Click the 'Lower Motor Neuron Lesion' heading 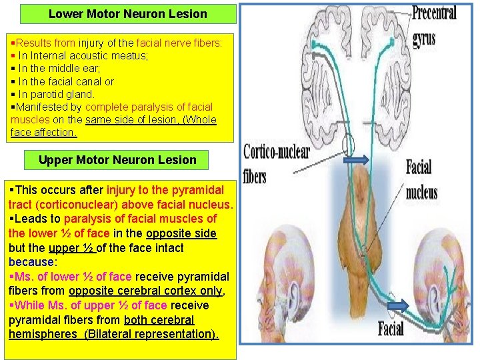point(128,14)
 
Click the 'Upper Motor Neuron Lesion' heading point(117,160)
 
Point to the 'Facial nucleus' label point(421,179)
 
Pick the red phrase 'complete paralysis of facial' point(149,107)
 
